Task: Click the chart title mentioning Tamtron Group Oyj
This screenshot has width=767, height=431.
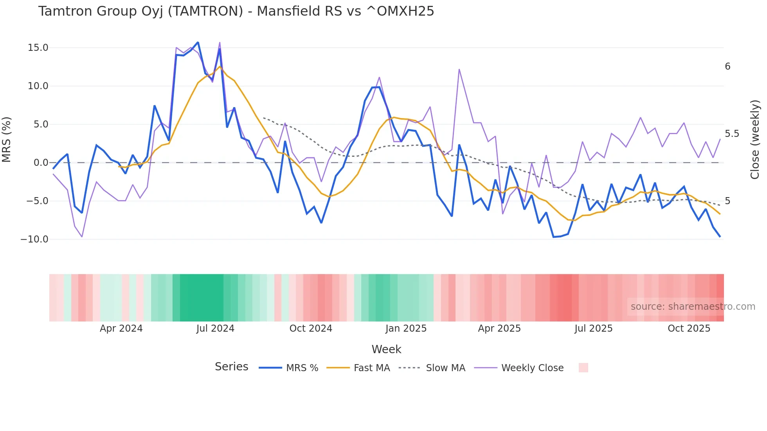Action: pyautogui.click(x=236, y=11)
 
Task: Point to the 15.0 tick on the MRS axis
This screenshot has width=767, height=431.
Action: pyautogui.click(x=38, y=48)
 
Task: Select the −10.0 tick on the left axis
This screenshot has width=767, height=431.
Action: pyautogui.click(x=34, y=239)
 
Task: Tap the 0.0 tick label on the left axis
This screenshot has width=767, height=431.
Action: pyautogui.click(x=41, y=163)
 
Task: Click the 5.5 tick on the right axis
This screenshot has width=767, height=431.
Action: pyautogui.click(x=732, y=134)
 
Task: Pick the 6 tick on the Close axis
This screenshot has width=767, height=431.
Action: pyautogui.click(x=727, y=66)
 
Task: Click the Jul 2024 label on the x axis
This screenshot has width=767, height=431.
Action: pyautogui.click(x=215, y=329)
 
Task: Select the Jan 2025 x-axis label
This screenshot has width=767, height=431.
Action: pyautogui.click(x=406, y=329)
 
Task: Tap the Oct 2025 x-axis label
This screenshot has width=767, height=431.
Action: pyautogui.click(x=689, y=329)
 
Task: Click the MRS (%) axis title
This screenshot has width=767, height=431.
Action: pyautogui.click(x=7, y=139)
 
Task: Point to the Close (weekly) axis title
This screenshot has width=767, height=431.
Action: pyautogui.click(x=755, y=139)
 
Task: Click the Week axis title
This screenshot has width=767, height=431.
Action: pyautogui.click(x=386, y=349)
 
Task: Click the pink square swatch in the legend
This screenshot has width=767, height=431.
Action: pyautogui.click(x=583, y=368)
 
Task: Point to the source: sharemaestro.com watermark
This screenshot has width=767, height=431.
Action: pyautogui.click(x=693, y=307)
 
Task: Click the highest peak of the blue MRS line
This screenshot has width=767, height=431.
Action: pyautogui.click(x=198, y=42)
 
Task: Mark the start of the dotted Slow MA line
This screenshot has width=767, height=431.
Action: pyautogui.click(x=263, y=118)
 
